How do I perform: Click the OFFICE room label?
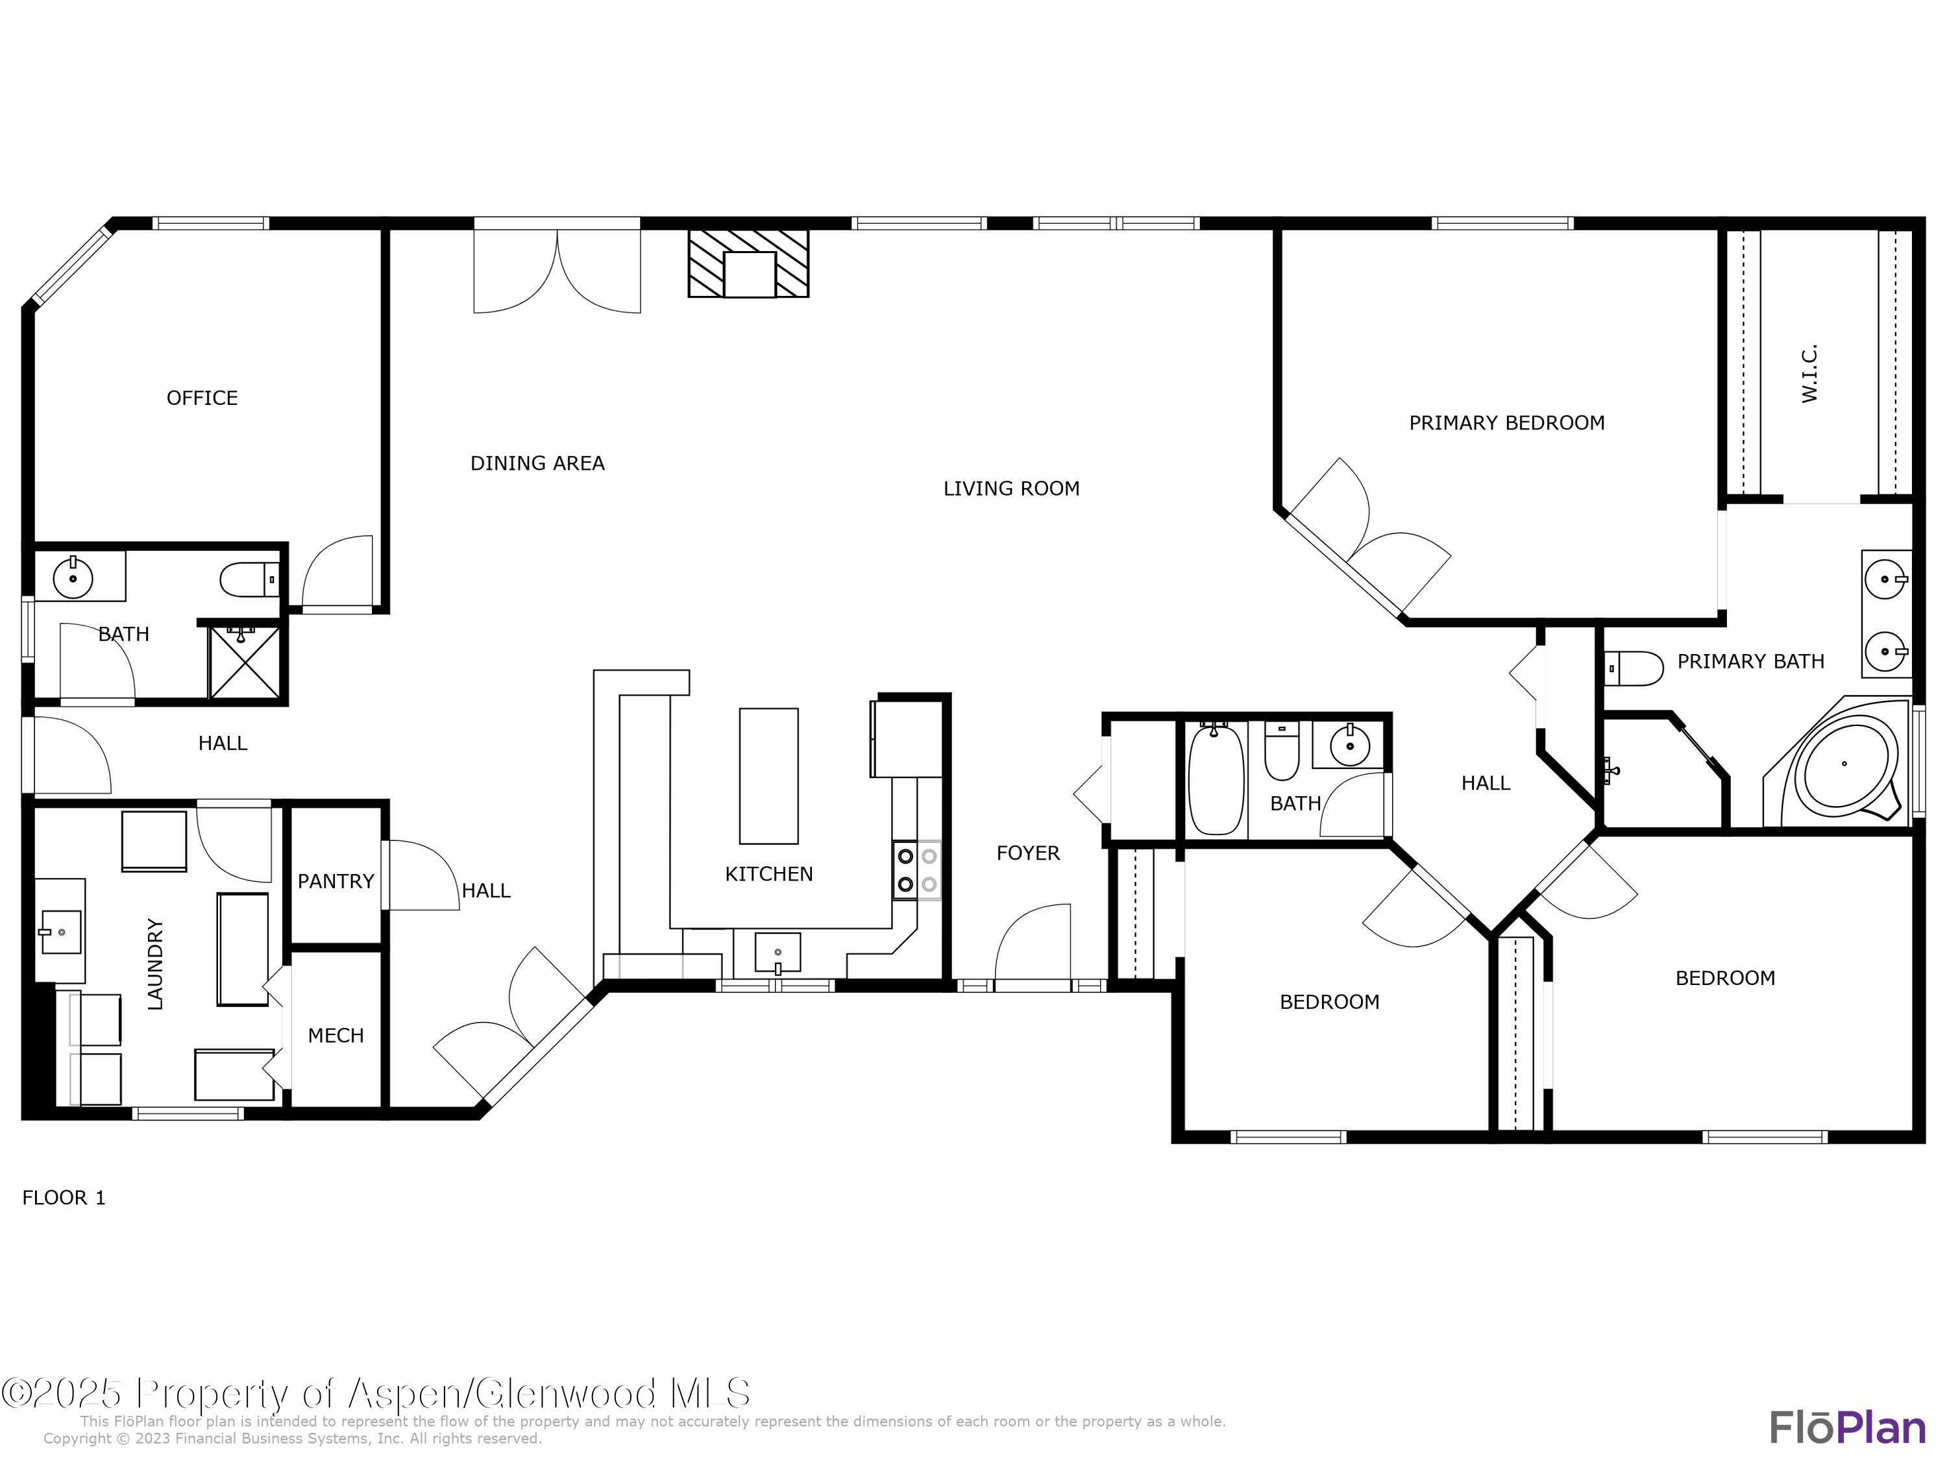(x=202, y=398)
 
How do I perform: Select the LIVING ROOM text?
(x=1011, y=489)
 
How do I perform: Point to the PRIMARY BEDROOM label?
(x=1507, y=423)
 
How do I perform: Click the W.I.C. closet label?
(x=1809, y=373)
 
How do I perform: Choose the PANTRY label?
(x=336, y=881)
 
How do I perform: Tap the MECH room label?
(x=336, y=1035)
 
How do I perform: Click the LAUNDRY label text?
(x=155, y=964)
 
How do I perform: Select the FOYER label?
(x=1028, y=853)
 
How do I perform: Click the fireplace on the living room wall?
(x=749, y=263)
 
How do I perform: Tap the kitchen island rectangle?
(x=768, y=776)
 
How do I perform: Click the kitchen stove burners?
(x=916, y=870)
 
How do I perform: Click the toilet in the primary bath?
(x=1634, y=668)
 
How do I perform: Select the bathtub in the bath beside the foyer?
(x=1216, y=778)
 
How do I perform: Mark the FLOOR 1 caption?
(x=64, y=1198)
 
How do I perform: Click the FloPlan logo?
(x=1848, y=1428)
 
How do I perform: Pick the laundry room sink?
(x=60, y=931)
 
